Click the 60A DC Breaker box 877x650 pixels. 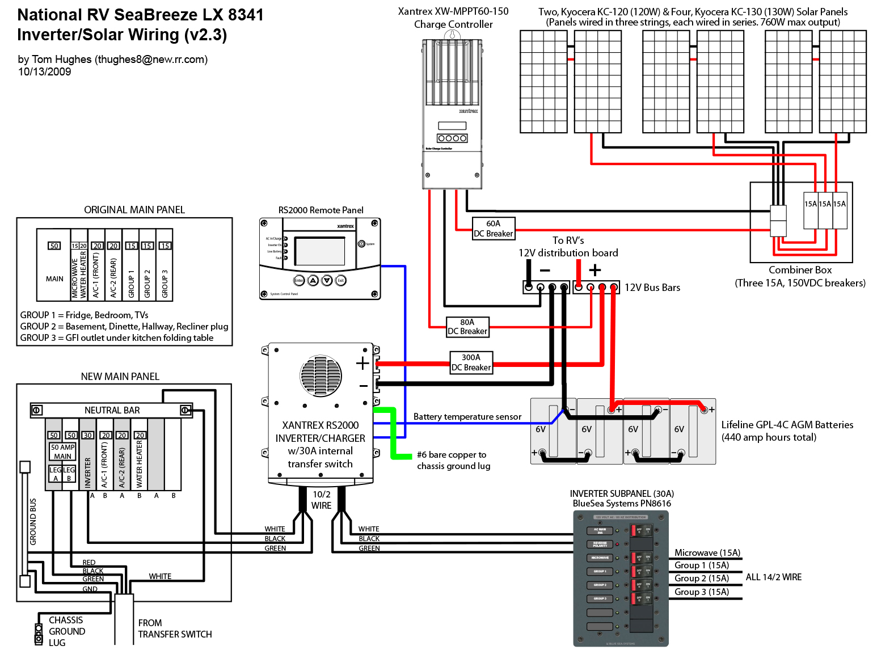493,229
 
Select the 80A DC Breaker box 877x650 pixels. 467,327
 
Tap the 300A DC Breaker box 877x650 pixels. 471,362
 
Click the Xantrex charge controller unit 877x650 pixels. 452,113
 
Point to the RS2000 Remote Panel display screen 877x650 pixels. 320,251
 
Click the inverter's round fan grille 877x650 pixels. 321,375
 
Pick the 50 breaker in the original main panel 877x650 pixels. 54,246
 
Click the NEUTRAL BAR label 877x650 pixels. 112,410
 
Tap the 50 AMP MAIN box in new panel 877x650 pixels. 62,451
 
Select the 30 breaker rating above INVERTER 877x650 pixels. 87,435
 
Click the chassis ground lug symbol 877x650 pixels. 39,634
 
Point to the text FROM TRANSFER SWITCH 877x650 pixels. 175,628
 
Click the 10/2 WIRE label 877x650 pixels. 321,500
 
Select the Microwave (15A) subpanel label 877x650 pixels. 707,552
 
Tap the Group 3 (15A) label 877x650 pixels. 701,592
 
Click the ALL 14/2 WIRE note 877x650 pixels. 773,577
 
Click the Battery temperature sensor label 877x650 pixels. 467,416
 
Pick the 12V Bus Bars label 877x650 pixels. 652,288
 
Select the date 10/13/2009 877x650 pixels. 44,71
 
